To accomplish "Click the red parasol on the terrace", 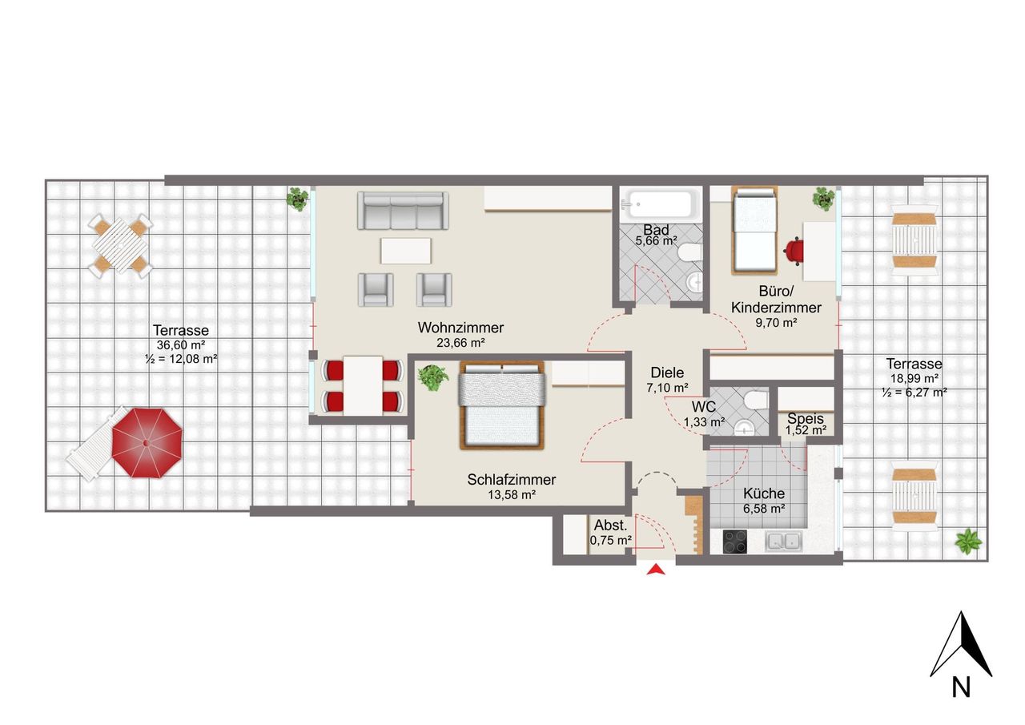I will tap(147, 441).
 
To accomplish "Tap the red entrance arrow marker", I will tap(657, 570).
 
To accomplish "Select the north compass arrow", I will tap(962, 645).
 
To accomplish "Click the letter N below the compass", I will tap(962, 687).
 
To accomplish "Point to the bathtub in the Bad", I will tap(660, 204).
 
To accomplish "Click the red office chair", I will tap(794, 251).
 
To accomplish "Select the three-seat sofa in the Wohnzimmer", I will tap(401, 211).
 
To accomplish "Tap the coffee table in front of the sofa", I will tap(406, 251).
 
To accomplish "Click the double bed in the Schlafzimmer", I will tap(501, 405).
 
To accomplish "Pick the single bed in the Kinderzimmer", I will tap(754, 229).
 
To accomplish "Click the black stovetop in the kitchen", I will tap(734, 542).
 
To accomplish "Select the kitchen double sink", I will tap(784, 542).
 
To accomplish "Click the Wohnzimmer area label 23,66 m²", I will tap(460, 342).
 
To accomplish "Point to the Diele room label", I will tap(667, 373).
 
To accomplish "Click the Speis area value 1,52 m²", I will tap(806, 430).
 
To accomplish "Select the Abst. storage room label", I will tap(609, 526).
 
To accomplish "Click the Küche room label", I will tap(764, 493).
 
